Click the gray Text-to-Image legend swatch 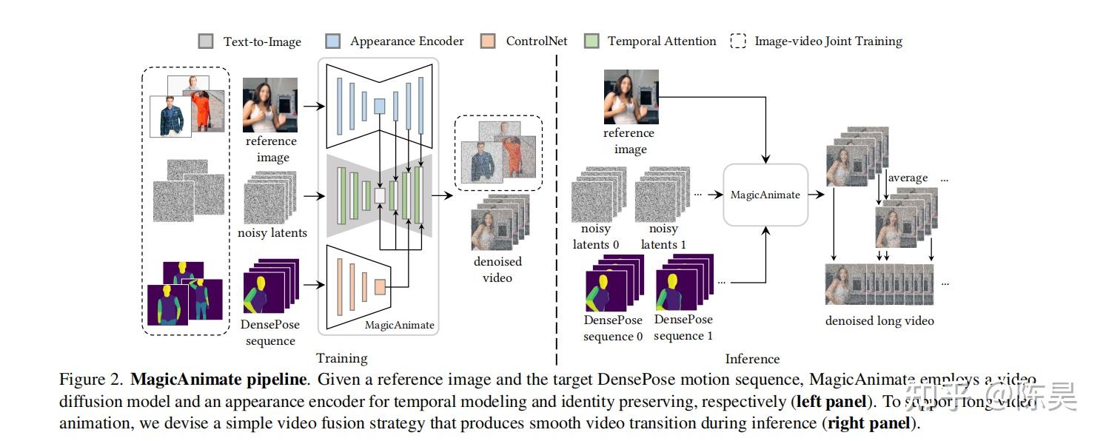click(x=206, y=41)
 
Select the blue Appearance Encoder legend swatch click(x=332, y=41)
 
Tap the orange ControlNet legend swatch click(x=488, y=41)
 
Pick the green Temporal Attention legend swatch click(x=591, y=41)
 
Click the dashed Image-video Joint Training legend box click(x=738, y=41)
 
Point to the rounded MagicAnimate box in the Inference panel click(x=765, y=195)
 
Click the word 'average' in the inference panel click(x=908, y=178)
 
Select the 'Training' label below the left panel click(x=341, y=358)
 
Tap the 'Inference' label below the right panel click(x=752, y=359)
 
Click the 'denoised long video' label click(x=879, y=320)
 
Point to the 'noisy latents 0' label click(x=596, y=237)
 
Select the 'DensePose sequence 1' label click(x=683, y=327)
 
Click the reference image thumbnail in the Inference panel click(x=631, y=96)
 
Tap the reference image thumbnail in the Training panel click(x=270, y=104)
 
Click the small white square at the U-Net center click(x=381, y=195)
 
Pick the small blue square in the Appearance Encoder click(x=379, y=106)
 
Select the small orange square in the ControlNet click(x=381, y=286)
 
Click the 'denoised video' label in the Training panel click(x=497, y=269)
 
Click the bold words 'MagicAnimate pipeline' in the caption click(x=218, y=380)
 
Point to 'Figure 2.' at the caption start click(x=90, y=380)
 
